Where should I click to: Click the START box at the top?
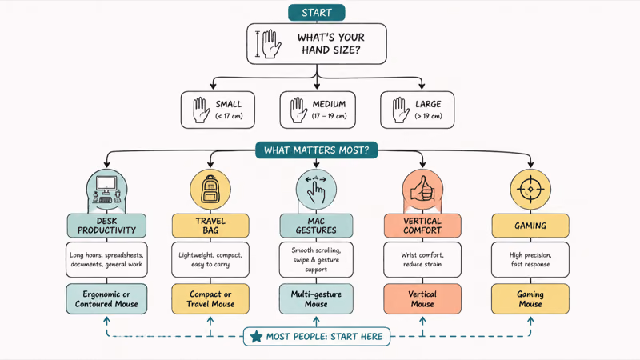(316, 13)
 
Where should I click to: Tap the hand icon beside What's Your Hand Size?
(271, 44)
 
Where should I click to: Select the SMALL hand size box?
(218, 110)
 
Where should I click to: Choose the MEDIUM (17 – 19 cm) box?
(318, 110)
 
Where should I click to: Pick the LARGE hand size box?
(417, 110)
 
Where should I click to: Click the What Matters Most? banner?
(316, 150)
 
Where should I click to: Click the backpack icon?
(210, 190)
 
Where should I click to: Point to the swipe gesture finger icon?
(316, 190)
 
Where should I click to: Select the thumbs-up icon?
(422, 189)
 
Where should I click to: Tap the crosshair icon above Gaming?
(530, 190)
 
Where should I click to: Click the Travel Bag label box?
(210, 226)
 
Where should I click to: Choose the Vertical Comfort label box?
(422, 226)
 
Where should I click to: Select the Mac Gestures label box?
(316, 226)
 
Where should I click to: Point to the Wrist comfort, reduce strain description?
(422, 259)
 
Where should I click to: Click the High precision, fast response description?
(530, 259)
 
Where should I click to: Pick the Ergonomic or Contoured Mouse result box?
(106, 298)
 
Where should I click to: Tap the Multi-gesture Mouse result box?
(316, 298)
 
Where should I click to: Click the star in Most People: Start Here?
(256, 336)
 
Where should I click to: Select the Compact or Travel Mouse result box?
(210, 298)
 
